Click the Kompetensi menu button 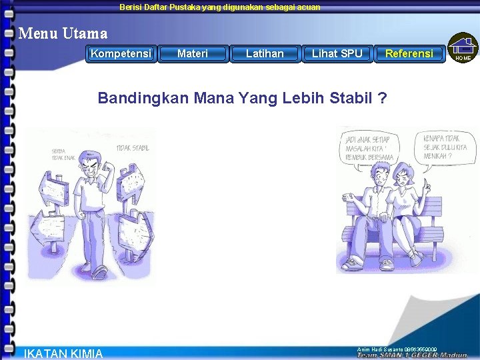click(x=121, y=53)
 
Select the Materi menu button click(x=193, y=53)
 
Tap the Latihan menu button click(x=265, y=53)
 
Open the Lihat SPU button click(x=337, y=53)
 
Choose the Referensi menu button click(x=409, y=53)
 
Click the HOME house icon click(x=463, y=48)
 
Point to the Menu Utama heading click(x=63, y=32)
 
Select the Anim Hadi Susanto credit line click(x=397, y=349)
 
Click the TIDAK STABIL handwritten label click(x=133, y=147)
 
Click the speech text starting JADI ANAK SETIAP click(x=369, y=147)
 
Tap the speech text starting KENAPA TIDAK click(x=445, y=147)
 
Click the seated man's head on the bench click(x=377, y=176)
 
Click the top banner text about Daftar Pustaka click(x=219, y=7)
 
